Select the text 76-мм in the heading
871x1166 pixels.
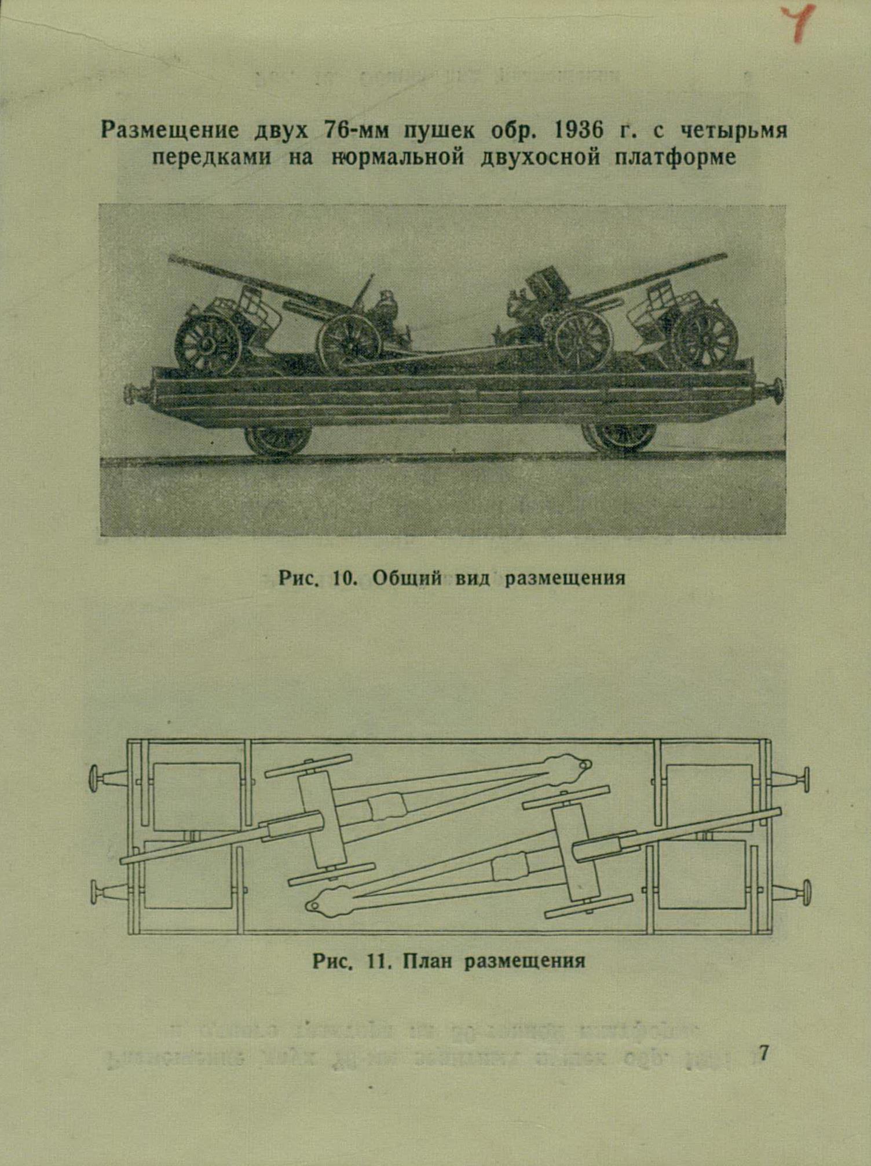(x=354, y=131)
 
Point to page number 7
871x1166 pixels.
(x=763, y=1053)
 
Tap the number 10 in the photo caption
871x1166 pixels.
(x=346, y=578)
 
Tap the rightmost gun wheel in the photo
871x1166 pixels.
(x=705, y=337)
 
